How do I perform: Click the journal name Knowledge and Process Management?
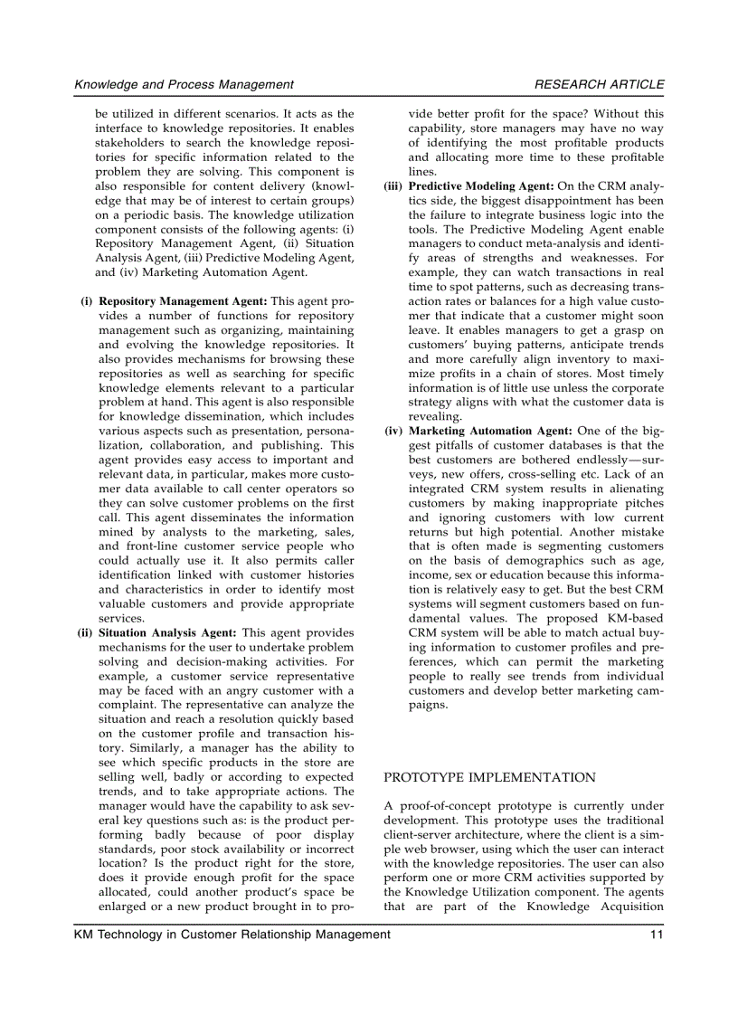[x=184, y=84]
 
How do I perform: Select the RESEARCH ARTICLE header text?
[x=599, y=84]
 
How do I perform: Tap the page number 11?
[x=657, y=935]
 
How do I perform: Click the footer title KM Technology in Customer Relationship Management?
[x=232, y=935]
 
